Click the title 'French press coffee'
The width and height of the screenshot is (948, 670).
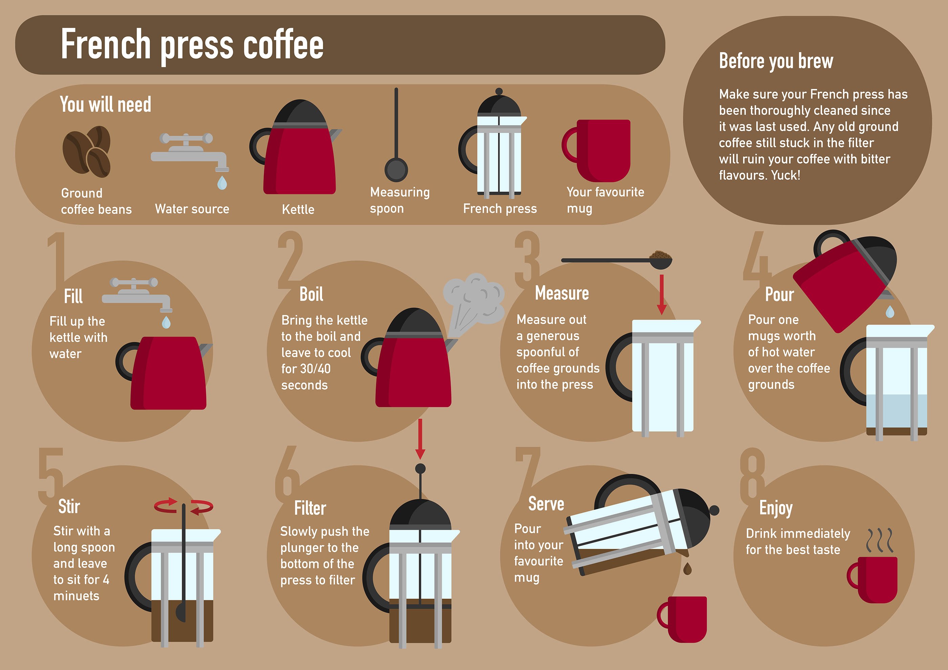pyautogui.click(x=192, y=45)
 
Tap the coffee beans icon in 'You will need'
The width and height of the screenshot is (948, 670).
pyautogui.click(x=87, y=151)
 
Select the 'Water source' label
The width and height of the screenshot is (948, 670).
pyautogui.click(x=192, y=209)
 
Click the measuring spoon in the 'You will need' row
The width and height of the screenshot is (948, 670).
pyautogui.click(x=396, y=135)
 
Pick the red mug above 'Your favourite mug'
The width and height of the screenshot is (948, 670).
pyautogui.click(x=596, y=151)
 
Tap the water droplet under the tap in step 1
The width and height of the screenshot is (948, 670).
pyautogui.click(x=166, y=322)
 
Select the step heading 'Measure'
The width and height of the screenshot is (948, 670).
pyautogui.click(x=562, y=293)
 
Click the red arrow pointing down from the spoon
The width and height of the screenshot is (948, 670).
pyautogui.click(x=662, y=295)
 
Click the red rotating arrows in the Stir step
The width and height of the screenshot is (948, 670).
pyautogui.click(x=184, y=506)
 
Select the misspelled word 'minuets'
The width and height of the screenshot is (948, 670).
pyautogui.click(x=77, y=596)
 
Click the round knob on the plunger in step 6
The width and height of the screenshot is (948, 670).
pyautogui.click(x=420, y=469)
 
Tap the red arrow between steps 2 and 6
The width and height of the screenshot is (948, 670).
pyautogui.click(x=420, y=439)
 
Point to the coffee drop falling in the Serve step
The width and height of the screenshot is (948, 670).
pyautogui.click(x=687, y=568)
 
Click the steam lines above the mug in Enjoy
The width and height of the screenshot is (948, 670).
pyautogui.click(x=880, y=540)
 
